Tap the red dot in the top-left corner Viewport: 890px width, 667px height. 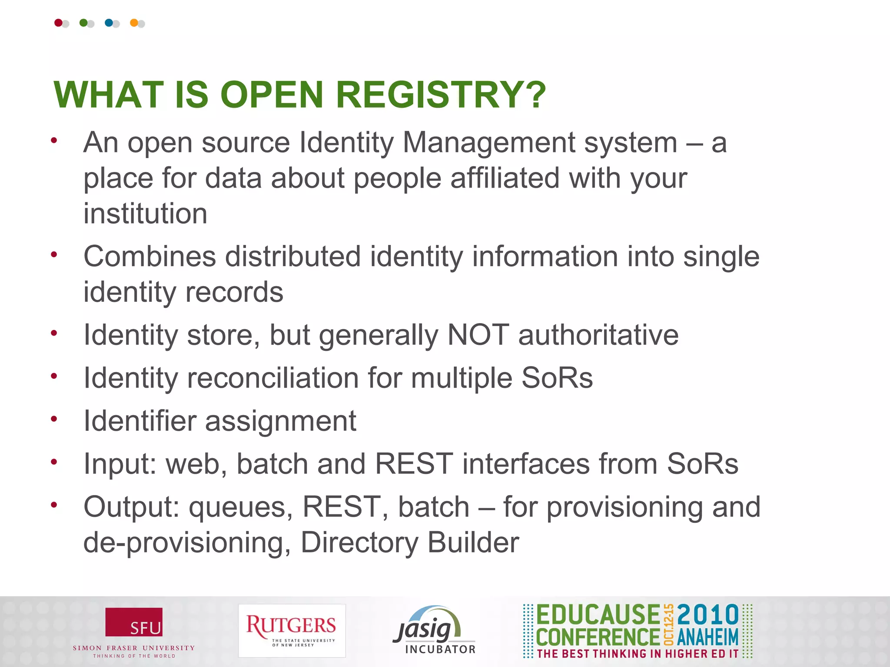(x=58, y=23)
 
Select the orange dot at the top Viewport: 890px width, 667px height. (x=134, y=23)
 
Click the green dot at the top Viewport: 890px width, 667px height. (x=83, y=23)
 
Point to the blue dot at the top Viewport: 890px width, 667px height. (x=109, y=23)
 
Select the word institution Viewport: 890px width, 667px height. (x=145, y=214)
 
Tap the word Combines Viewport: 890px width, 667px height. (x=149, y=256)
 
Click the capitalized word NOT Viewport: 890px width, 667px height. (x=478, y=335)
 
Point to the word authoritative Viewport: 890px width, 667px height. (x=598, y=335)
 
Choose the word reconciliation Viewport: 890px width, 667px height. (x=272, y=378)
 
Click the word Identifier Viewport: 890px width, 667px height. (x=139, y=421)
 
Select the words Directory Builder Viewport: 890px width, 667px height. (x=410, y=542)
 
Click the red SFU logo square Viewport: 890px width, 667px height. (x=134, y=622)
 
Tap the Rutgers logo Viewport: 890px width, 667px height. (x=292, y=631)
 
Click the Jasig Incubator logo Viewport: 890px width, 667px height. (x=434, y=630)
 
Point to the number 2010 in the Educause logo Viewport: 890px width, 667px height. (x=708, y=615)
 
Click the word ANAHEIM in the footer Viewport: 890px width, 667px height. (x=708, y=637)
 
